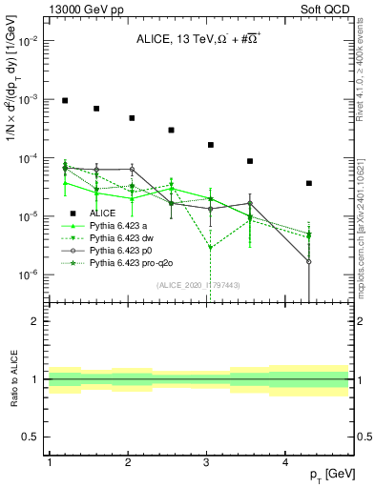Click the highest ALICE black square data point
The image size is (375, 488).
65,100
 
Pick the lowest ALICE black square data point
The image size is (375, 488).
309,183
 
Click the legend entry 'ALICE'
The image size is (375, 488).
102,213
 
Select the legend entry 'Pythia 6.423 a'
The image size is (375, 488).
119,225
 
